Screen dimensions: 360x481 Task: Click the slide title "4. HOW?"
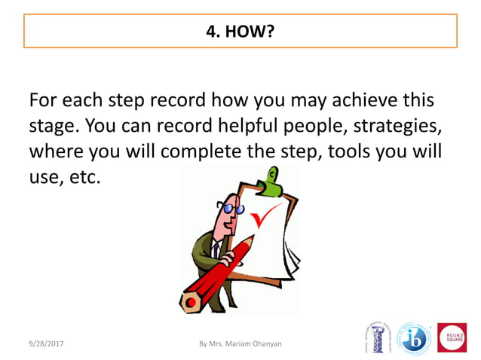click(240, 32)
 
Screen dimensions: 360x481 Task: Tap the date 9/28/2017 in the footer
click(47, 344)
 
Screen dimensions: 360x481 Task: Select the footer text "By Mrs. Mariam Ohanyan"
click(240, 344)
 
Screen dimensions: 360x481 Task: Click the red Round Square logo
click(452, 337)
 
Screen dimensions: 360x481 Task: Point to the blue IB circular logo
click(413, 339)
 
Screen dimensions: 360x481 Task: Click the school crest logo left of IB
click(376, 338)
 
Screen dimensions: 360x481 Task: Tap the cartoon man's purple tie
click(216, 248)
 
